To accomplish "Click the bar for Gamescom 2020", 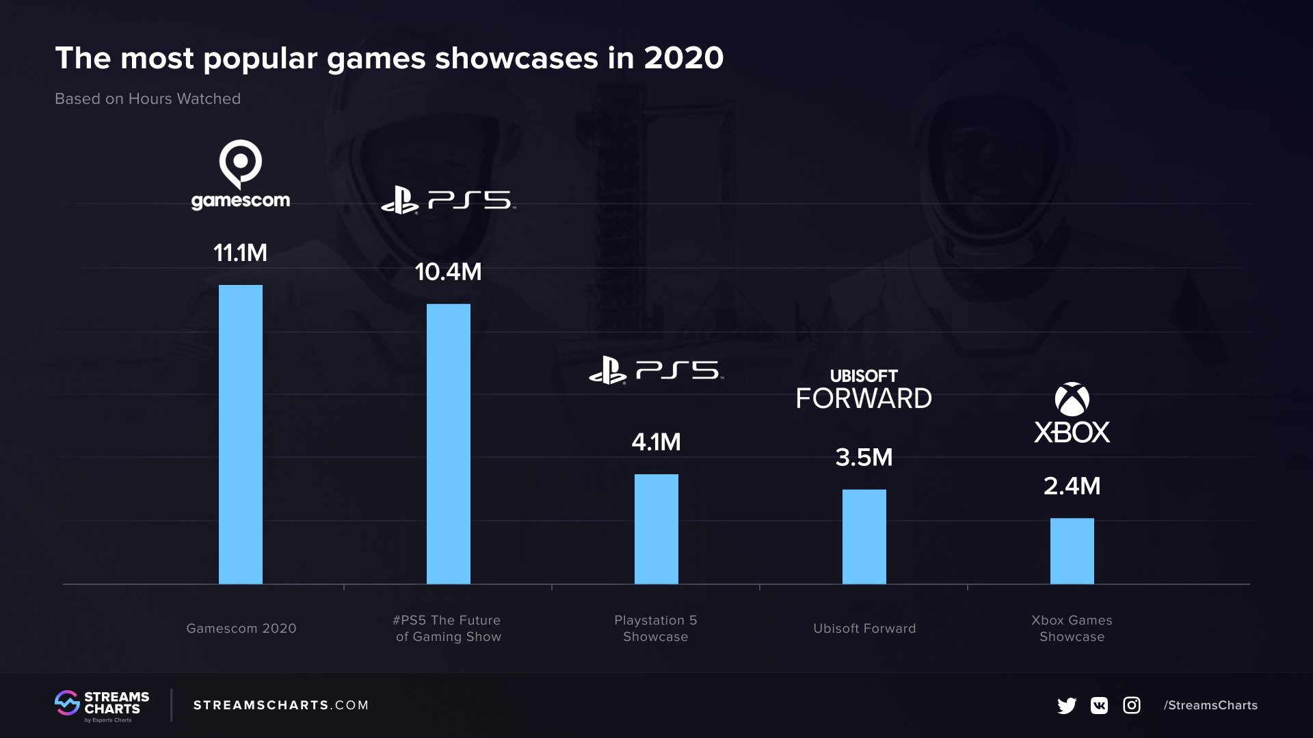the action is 241,435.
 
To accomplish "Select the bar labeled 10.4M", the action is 449,444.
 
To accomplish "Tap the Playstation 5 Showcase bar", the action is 656,529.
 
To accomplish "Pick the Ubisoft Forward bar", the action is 864,536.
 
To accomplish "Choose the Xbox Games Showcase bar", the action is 1072,551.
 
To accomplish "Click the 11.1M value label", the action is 240,253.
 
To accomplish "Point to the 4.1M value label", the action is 656,442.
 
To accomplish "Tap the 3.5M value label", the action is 864,457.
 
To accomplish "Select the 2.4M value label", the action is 1072,486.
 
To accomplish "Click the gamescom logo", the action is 241,176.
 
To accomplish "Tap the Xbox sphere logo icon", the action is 1072,399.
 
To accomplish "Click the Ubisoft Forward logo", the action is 864,389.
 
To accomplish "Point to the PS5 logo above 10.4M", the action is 449,201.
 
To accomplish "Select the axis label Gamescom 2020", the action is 241,628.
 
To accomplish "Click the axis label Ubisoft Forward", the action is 864,628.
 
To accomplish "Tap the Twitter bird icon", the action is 1067,705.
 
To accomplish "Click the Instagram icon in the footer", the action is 1132,705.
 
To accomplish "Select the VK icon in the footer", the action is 1099,705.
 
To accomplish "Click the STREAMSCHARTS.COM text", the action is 281,705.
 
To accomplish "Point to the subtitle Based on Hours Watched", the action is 148,99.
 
